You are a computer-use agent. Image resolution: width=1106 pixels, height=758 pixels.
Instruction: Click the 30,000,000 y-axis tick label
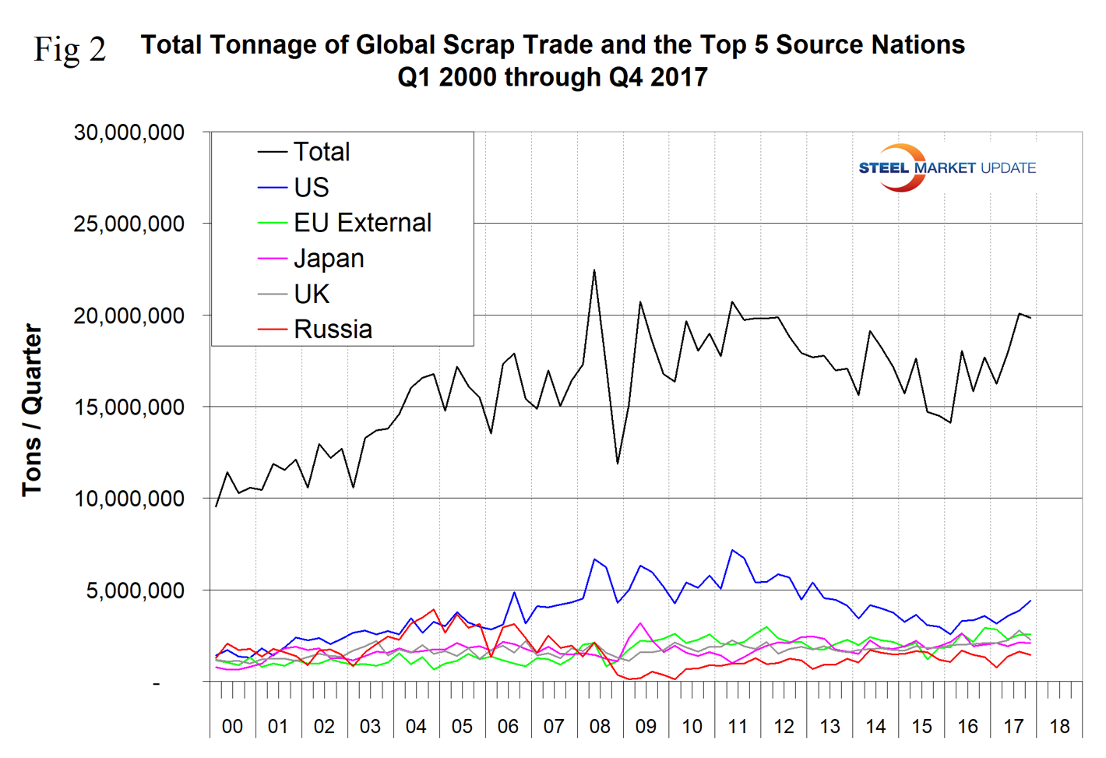pos(129,132)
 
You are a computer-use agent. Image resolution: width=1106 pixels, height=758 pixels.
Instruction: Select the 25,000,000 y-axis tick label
pos(129,224)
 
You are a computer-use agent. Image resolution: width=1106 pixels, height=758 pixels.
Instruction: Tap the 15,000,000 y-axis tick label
pos(129,407)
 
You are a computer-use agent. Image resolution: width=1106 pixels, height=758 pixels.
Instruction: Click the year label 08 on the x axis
pos(600,727)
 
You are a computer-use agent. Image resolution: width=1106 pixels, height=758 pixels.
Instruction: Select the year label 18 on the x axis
pos(1059,727)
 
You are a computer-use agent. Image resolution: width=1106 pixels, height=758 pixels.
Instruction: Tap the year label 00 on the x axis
pos(232,727)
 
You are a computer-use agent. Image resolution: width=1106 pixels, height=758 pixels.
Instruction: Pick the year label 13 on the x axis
pos(829,727)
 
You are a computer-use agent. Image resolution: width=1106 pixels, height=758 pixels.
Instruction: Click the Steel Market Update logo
pos(946,167)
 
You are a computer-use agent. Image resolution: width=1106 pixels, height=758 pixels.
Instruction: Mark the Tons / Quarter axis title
pos(32,410)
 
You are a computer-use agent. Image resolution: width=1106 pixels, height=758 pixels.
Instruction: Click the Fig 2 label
pos(70,50)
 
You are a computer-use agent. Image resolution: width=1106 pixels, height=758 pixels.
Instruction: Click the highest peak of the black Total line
pos(594,270)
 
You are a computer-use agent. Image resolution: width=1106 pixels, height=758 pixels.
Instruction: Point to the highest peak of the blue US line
pos(732,550)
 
